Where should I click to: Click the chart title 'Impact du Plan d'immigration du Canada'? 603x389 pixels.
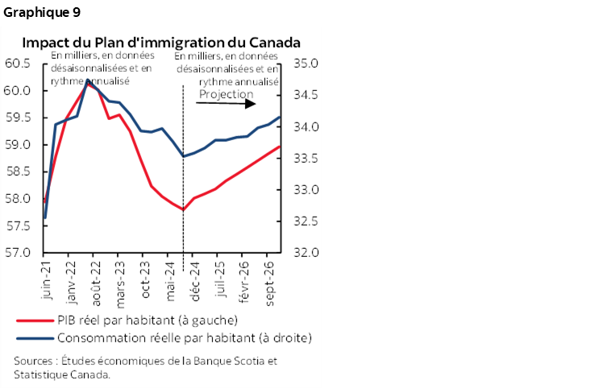point(161,42)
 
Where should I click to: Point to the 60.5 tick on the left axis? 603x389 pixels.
point(17,64)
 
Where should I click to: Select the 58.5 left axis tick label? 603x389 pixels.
point(17,172)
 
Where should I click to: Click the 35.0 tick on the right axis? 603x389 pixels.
point(307,64)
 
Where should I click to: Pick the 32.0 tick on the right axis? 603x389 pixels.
point(307,253)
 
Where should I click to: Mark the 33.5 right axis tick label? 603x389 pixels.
point(307,158)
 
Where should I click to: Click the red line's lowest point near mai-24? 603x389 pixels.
point(184,209)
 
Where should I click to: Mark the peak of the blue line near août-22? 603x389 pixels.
point(89,81)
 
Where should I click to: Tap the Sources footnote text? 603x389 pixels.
point(145,367)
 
